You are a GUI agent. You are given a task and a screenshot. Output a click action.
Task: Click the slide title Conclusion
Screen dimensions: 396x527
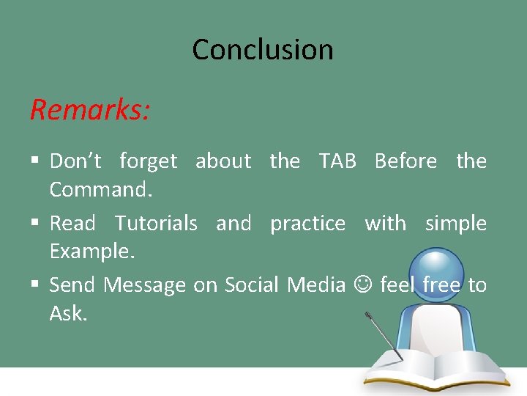pyautogui.click(x=263, y=50)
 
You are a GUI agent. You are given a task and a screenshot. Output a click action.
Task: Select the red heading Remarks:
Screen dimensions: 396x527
pyautogui.click(x=90, y=109)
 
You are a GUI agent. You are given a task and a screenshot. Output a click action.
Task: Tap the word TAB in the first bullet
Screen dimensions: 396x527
pyautogui.click(x=337, y=161)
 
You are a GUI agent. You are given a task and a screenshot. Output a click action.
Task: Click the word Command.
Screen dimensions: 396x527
pyautogui.click(x=100, y=190)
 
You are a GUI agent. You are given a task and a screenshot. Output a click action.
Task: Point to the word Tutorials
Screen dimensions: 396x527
pyautogui.click(x=156, y=223)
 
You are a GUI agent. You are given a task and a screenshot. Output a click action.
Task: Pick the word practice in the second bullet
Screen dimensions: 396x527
pyautogui.click(x=307, y=224)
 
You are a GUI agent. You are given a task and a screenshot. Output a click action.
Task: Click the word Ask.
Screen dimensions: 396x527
pyautogui.click(x=68, y=314)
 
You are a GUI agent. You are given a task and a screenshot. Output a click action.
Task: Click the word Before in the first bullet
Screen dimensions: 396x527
pyautogui.click(x=405, y=161)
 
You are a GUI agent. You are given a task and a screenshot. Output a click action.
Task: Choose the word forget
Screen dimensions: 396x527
pyautogui.click(x=148, y=161)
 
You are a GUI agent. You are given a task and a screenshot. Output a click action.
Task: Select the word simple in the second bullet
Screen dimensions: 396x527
pyautogui.click(x=455, y=224)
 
